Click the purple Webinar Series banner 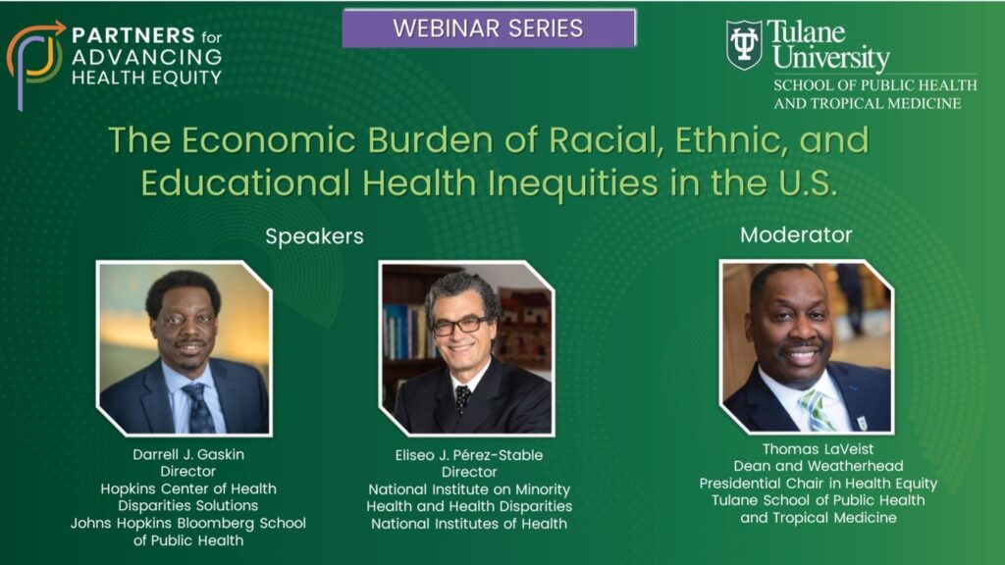pyautogui.click(x=489, y=28)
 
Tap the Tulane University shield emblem pyautogui.click(x=744, y=45)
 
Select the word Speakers pyautogui.click(x=314, y=236)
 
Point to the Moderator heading pyautogui.click(x=796, y=235)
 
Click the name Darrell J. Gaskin pyautogui.click(x=188, y=454)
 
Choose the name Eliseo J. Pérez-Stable pyautogui.click(x=468, y=455)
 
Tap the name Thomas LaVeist pyautogui.click(x=818, y=449)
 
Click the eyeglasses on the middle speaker pyautogui.click(x=461, y=326)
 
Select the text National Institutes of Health pyautogui.click(x=469, y=524)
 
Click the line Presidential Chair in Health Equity pyautogui.click(x=818, y=484)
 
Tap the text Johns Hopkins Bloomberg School pyautogui.click(x=188, y=523)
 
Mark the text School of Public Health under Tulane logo pyautogui.click(x=874, y=85)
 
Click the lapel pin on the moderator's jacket pyautogui.click(x=862, y=422)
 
